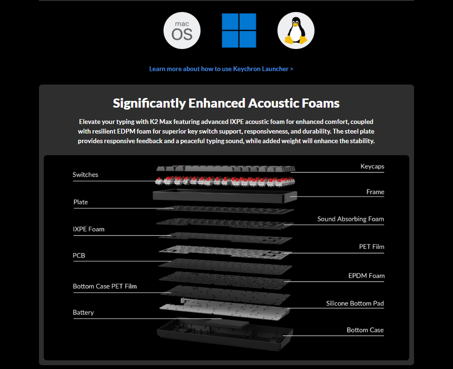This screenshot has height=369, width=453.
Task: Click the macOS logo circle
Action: tap(182, 31)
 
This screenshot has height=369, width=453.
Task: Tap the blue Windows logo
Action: tap(239, 30)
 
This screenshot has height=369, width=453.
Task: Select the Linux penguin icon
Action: tap(296, 31)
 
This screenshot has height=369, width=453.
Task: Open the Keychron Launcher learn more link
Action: tap(221, 69)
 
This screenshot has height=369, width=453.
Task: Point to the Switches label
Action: tap(85, 175)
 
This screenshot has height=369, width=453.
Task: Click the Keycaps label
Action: tap(372, 166)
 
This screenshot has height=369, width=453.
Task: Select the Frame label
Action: tap(375, 192)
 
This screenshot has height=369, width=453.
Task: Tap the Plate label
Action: tap(81, 202)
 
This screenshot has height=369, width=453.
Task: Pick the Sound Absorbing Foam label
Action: tap(351, 219)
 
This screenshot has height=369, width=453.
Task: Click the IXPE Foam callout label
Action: tap(88, 229)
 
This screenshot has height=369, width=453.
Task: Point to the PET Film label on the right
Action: tap(372, 246)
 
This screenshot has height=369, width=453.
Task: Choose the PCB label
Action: tap(79, 256)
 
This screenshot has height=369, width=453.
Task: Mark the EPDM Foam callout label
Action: tap(366, 276)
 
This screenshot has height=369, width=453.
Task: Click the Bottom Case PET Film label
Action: tap(104, 286)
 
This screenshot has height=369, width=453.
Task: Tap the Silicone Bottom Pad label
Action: tap(355, 304)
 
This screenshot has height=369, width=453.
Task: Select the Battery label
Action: tap(83, 312)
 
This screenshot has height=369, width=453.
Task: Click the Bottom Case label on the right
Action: tap(365, 330)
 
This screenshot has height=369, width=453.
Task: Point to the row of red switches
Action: tap(225, 181)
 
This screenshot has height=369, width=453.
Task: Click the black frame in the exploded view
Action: tap(225, 197)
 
